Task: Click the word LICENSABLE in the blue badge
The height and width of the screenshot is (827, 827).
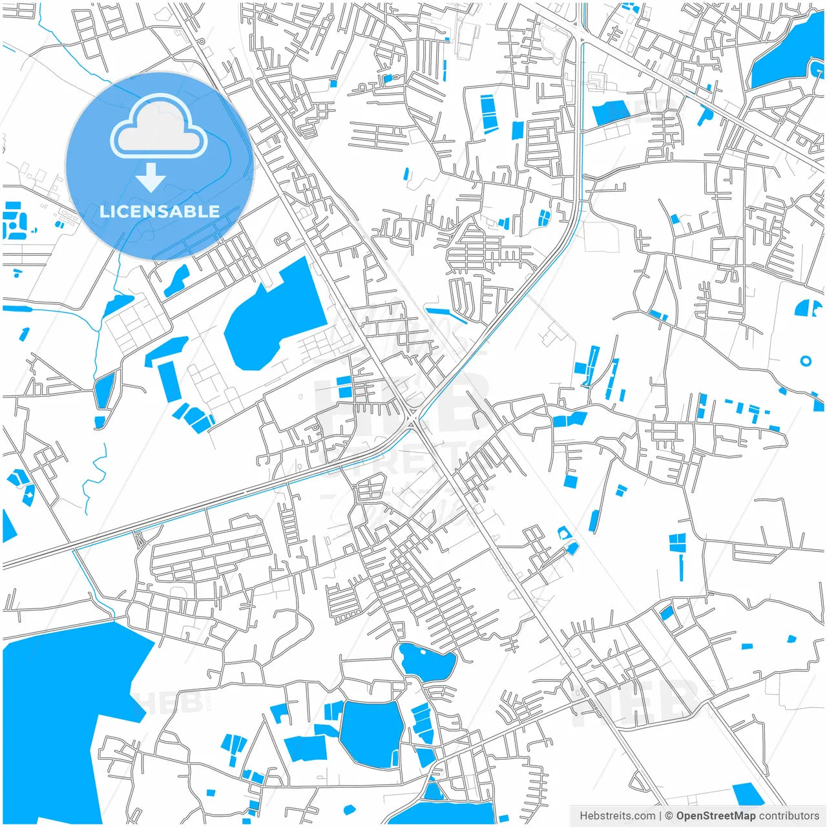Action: coord(160,211)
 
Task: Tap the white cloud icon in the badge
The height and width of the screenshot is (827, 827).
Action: coord(159,128)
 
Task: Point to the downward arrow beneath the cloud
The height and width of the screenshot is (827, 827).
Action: coord(151,177)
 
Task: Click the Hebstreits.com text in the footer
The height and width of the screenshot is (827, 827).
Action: coord(617,816)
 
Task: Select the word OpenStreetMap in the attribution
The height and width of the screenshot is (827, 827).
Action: coord(715,816)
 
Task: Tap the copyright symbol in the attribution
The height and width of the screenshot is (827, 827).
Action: coord(669,816)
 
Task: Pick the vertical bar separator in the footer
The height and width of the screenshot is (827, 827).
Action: coord(660,816)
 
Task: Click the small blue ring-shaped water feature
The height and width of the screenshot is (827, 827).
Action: coord(805,361)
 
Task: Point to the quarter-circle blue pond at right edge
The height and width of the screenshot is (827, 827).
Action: coord(807,308)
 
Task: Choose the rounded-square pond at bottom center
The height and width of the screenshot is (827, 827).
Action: coord(372,733)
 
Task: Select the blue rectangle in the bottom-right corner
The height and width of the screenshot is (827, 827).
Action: coord(748,794)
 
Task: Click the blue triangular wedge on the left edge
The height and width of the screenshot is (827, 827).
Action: coord(8,527)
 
